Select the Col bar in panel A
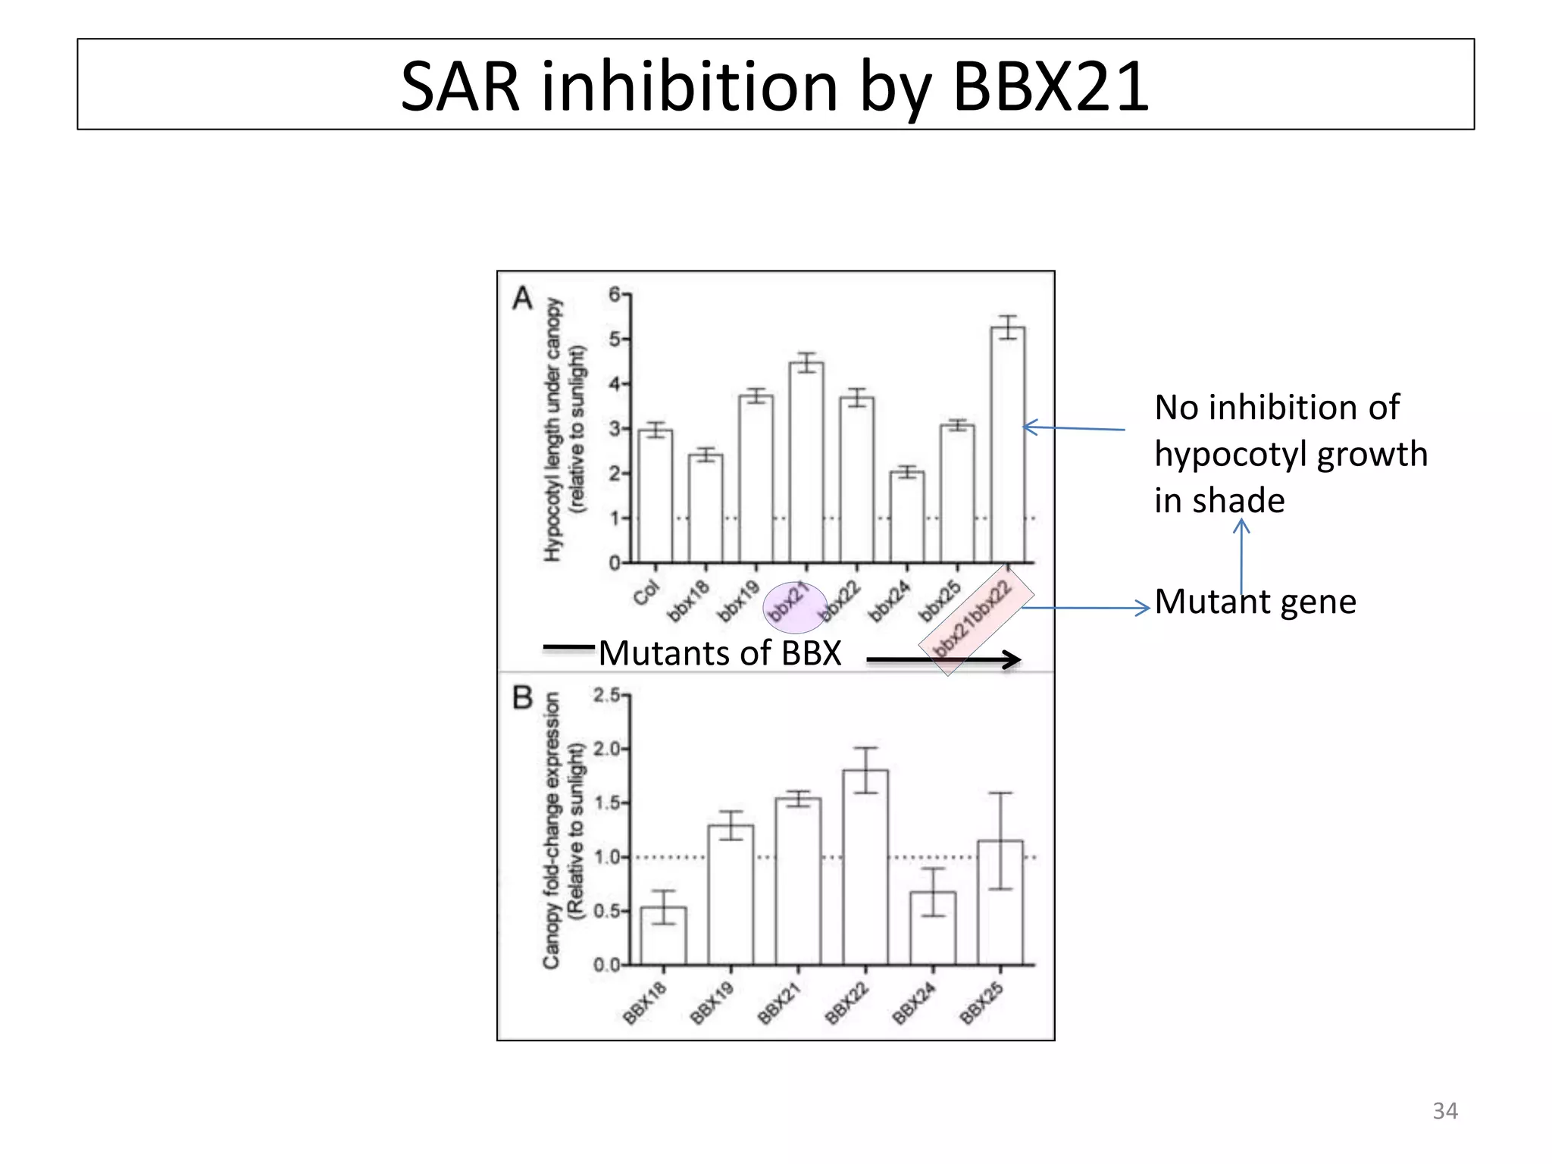pyautogui.click(x=655, y=496)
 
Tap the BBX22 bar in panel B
pyautogui.click(x=865, y=867)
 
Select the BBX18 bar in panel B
pyautogui.click(x=663, y=935)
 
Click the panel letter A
pyautogui.click(x=523, y=299)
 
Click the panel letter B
pyautogui.click(x=523, y=697)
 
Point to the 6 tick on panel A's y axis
pyautogui.click(x=615, y=294)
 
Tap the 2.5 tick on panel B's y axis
pyautogui.click(x=606, y=695)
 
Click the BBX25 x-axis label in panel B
pyautogui.click(x=982, y=1003)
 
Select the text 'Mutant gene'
pyautogui.click(x=1255, y=602)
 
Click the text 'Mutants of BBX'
pyautogui.click(x=720, y=653)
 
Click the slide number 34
pyautogui.click(x=1444, y=1111)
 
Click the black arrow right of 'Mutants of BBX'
pyautogui.click(x=943, y=660)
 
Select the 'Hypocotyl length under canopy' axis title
pyautogui.click(x=553, y=429)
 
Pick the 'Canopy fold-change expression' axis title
pyautogui.click(x=552, y=830)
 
